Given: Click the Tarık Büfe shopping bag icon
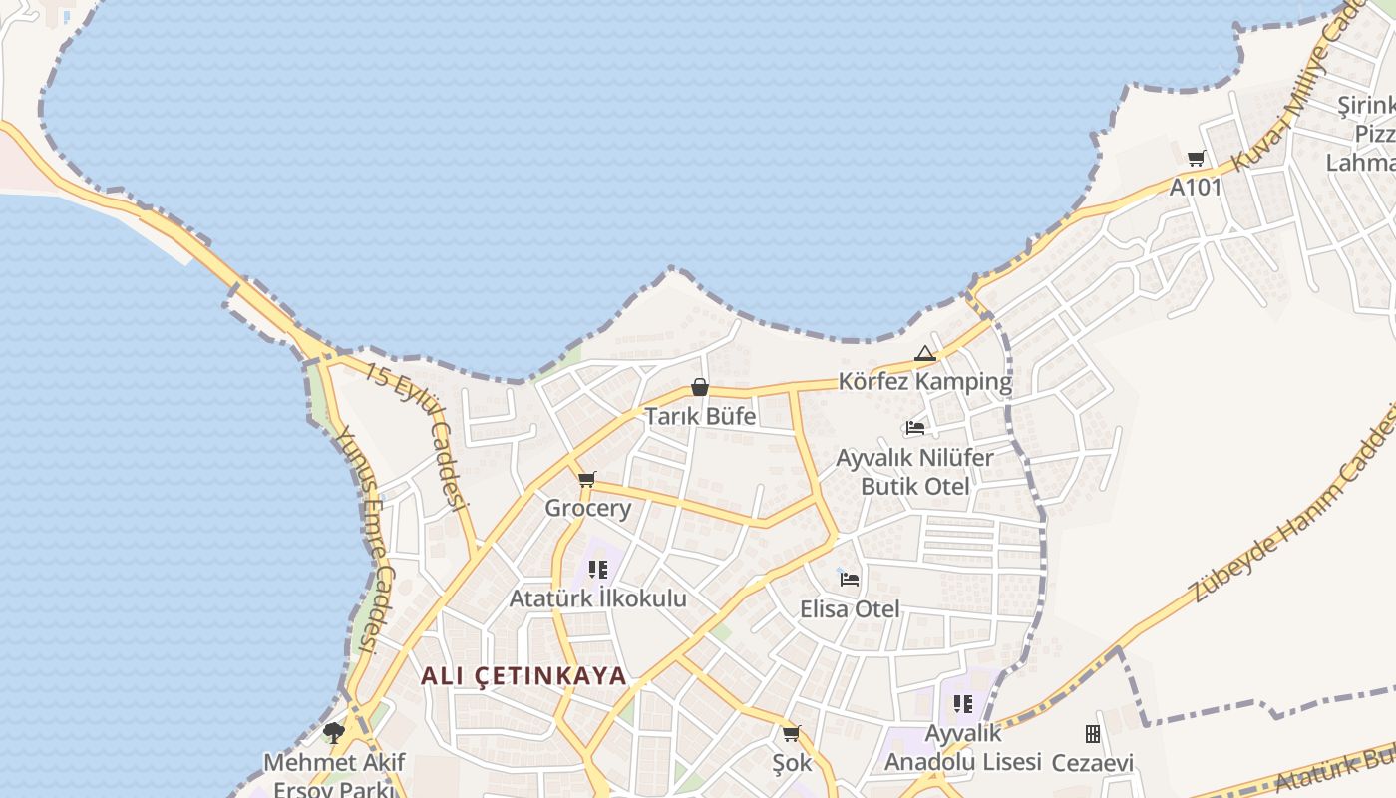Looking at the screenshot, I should point(700,387).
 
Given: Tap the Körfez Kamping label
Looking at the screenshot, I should point(924,382).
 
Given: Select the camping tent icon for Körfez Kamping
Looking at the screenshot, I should point(925,353).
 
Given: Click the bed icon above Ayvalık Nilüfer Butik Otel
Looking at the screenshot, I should point(915,428).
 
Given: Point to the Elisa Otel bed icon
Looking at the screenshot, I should point(850,578).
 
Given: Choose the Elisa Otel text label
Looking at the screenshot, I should point(850,608).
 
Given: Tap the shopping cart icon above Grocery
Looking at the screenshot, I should point(587,480).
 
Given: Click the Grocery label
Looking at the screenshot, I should point(587,508).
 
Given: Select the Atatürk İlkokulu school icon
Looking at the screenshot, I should point(598,570).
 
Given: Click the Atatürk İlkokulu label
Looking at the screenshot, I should point(598,598).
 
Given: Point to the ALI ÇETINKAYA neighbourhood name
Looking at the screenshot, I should point(523,675).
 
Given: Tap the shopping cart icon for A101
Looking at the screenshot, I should point(1196,158).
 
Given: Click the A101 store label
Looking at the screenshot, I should point(1196,187).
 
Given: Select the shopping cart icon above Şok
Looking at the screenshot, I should point(792,734).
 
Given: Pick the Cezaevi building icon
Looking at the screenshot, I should point(1093,734).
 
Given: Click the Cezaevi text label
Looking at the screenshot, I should point(1093,763).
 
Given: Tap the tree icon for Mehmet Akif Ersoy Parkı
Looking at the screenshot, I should point(334,733).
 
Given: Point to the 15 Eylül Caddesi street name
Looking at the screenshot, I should point(417,435).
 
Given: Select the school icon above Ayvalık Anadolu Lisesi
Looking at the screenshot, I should point(963,704).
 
